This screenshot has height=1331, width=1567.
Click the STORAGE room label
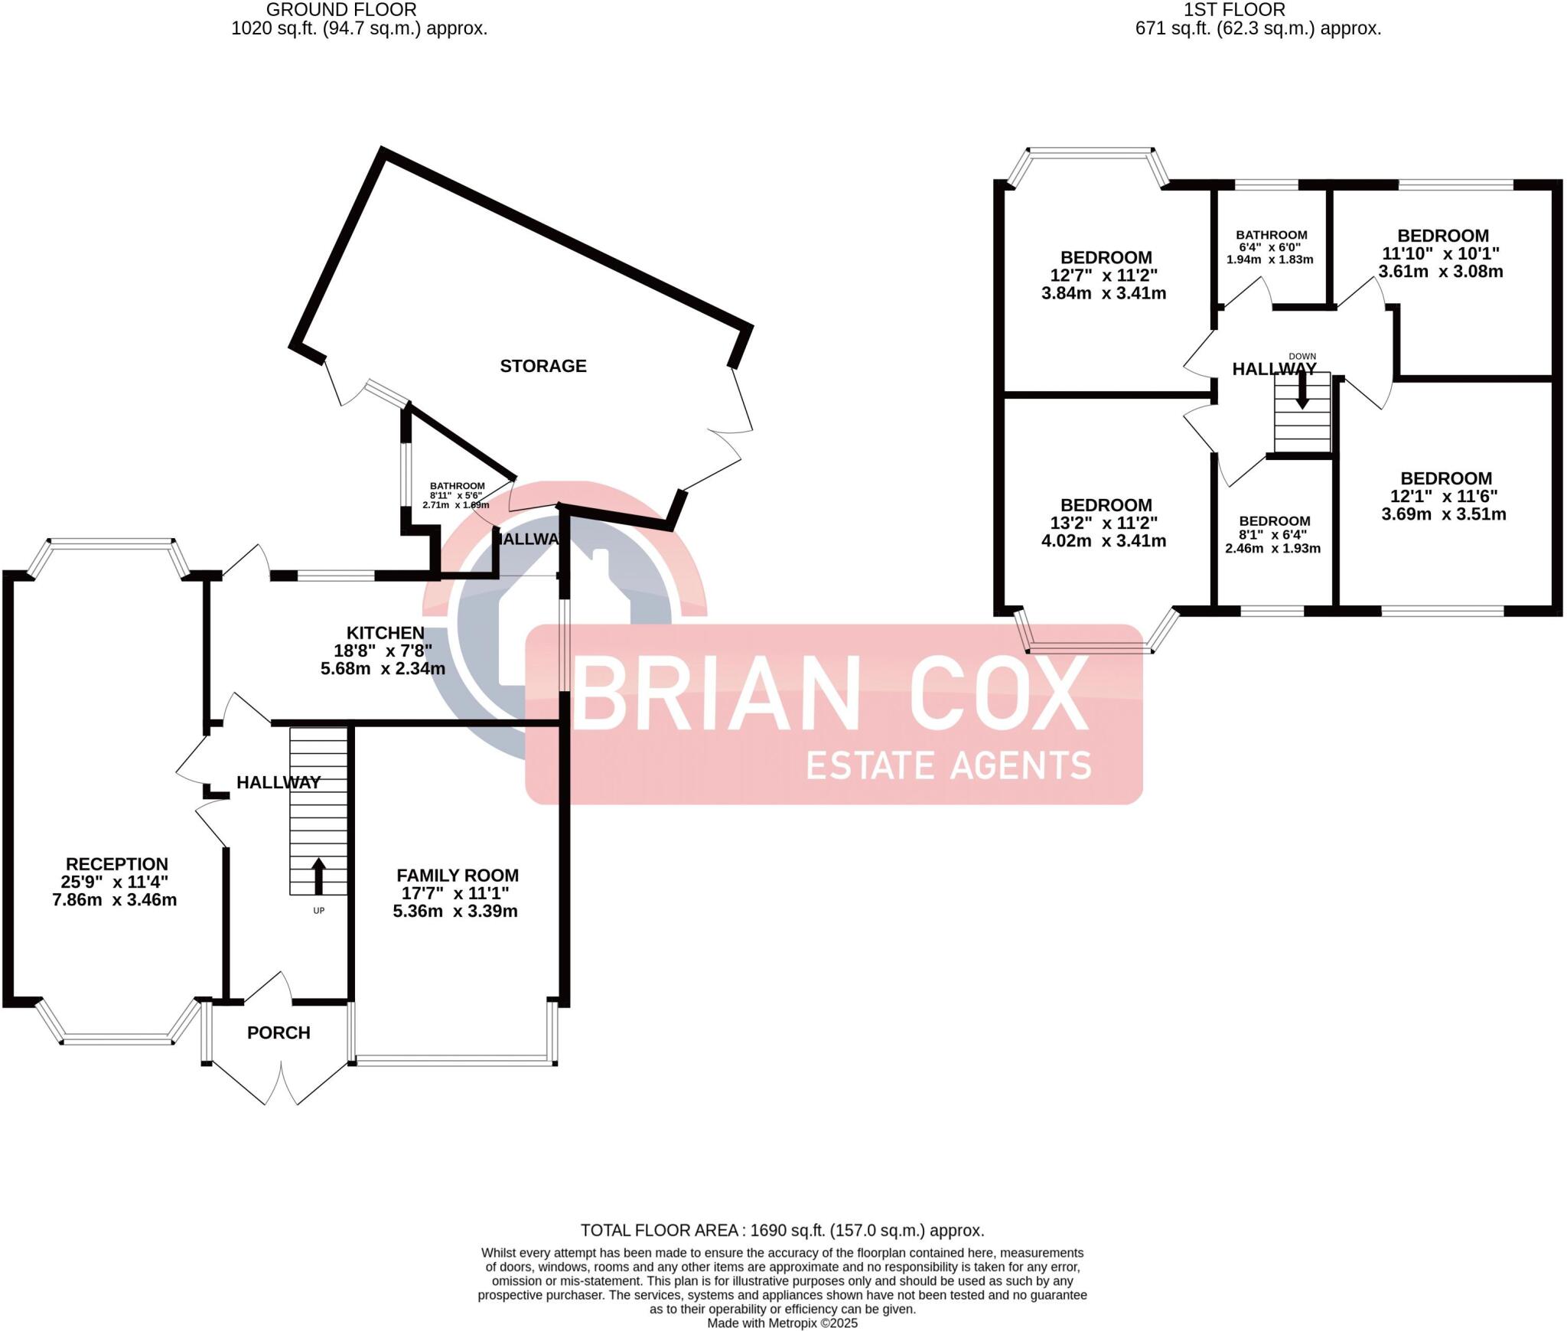coord(543,366)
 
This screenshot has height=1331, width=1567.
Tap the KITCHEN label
coord(386,633)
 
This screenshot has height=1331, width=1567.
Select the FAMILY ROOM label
coord(458,876)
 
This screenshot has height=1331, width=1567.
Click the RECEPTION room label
coord(117,864)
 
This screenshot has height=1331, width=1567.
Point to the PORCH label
coord(279,1033)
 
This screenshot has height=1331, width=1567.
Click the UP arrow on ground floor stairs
coord(319,877)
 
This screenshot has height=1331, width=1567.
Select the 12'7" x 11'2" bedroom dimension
coord(1106,276)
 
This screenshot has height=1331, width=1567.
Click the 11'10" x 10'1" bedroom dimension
coord(1441,253)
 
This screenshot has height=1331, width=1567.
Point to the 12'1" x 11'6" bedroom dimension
coord(1444,496)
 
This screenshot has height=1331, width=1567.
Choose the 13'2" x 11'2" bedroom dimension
coord(1106,523)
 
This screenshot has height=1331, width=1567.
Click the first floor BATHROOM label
coord(1272,235)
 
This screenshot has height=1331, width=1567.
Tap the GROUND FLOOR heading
coord(341,10)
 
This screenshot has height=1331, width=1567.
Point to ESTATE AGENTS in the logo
coord(949,765)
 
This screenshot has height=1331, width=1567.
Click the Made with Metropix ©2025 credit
coord(782,1323)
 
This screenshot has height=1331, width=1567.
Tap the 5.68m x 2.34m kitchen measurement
coord(383,669)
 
